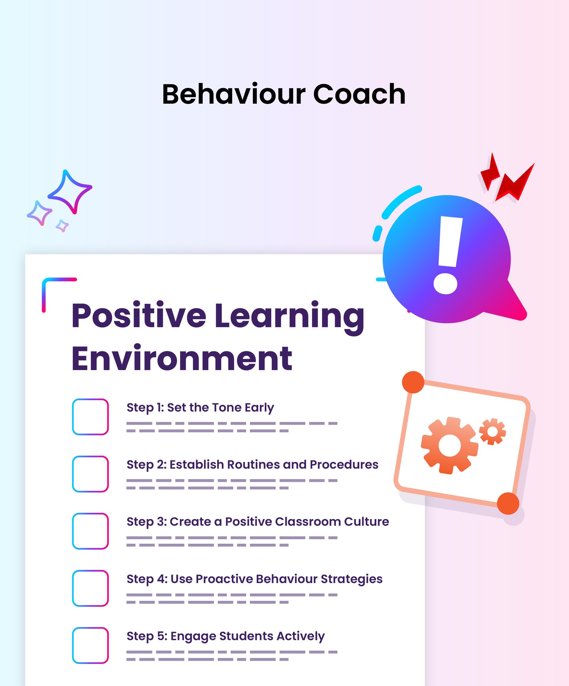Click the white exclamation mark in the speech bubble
(448, 255)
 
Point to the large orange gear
(449, 446)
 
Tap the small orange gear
(493, 431)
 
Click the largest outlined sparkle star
(70, 192)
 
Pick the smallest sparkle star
(62, 226)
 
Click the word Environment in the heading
(182, 358)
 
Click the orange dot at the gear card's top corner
(413, 382)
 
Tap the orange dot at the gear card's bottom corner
(508, 504)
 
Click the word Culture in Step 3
(367, 522)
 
